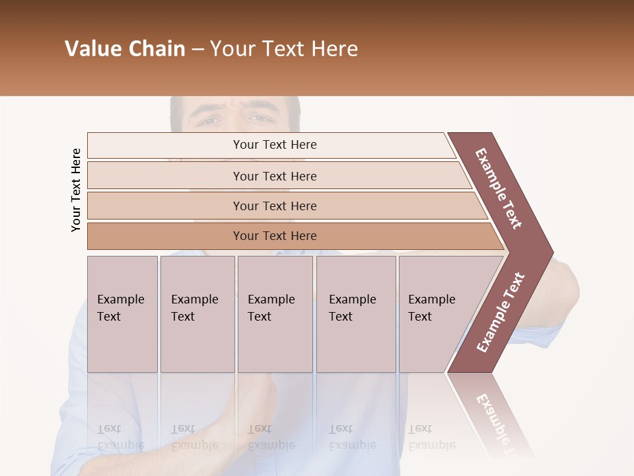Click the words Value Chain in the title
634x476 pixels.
pos(125,49)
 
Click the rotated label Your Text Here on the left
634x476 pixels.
pos(76,190)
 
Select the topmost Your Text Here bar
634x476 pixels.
pos(274,145)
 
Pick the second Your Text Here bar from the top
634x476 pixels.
pos(274,176)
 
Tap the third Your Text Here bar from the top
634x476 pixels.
pos(274,206)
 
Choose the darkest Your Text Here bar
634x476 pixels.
pos(274,236)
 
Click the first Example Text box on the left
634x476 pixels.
pos(122,314)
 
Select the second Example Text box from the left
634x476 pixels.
pos(197,314)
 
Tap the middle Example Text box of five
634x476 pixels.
pos(274,314)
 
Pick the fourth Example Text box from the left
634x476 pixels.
pos(355,314)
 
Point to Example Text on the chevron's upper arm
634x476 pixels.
pos(499,188)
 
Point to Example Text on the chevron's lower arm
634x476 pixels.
pos(501,312)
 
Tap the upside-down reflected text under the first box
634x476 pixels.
pos(120,437)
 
